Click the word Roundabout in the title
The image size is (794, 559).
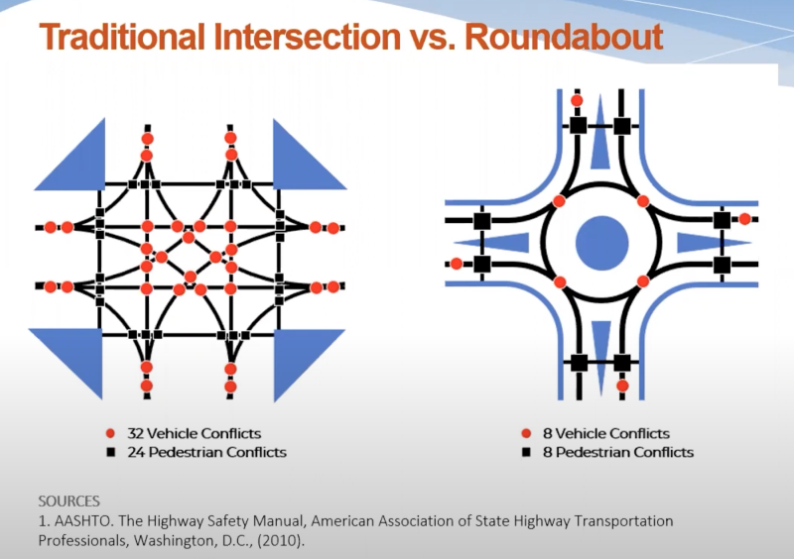click(564, 37)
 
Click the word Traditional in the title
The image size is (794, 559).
click(121, 37)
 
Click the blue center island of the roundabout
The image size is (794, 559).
click(602, 243)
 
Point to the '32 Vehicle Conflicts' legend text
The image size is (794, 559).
click(194, 433)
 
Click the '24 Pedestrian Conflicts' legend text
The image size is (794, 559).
click(206, 452)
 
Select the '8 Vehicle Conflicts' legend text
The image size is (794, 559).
click(606, 433)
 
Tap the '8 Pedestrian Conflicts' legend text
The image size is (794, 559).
click(618, 452)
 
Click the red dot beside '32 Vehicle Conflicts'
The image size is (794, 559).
click(110, 433)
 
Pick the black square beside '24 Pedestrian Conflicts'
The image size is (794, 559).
click(111, 452)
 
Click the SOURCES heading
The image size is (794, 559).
click(68, 502)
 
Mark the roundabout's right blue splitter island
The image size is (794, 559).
click(707, 243)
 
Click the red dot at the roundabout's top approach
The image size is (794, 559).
click(577, 101)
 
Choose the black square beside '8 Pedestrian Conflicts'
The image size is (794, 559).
click(526, 452)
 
